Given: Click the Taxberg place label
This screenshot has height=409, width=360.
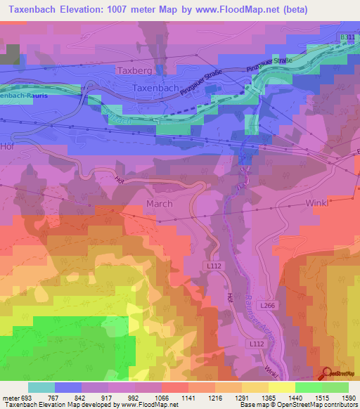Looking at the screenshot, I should coord(134,70).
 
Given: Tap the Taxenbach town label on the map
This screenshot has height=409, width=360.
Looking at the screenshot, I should coord(156,89).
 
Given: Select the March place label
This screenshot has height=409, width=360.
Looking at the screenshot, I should coord(158,203).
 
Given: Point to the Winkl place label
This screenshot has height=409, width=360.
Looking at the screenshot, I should coord(318,203).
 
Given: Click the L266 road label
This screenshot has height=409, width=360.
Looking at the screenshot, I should coord(266,307).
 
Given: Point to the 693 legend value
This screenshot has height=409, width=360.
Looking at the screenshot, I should coord(27,398).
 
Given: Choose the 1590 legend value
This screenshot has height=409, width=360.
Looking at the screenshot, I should coord(349,398).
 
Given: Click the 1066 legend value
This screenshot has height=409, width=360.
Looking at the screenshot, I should coord(161,398).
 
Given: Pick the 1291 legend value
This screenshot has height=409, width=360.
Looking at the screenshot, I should coord(241,398).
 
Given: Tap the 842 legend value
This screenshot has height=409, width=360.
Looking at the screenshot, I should coord(81,398).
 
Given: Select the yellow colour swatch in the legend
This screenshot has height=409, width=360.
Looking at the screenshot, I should coord(281,387).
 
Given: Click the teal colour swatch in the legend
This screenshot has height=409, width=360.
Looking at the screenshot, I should coord(41,387).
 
